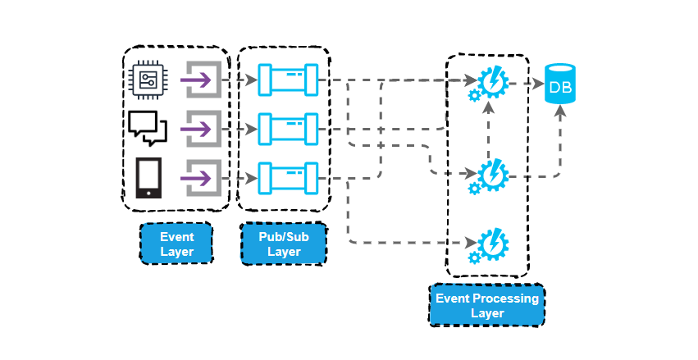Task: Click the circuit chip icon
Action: point(148,80)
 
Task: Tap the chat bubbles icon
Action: point(148,128)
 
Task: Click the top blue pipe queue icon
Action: point(287,80)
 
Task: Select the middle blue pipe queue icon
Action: point(287,128)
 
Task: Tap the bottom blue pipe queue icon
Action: point(287,176)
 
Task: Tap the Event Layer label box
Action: point(176,244)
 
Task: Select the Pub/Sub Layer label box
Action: point(284,244)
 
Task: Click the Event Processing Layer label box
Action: point(487,305)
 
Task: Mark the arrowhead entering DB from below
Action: point(561,112)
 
